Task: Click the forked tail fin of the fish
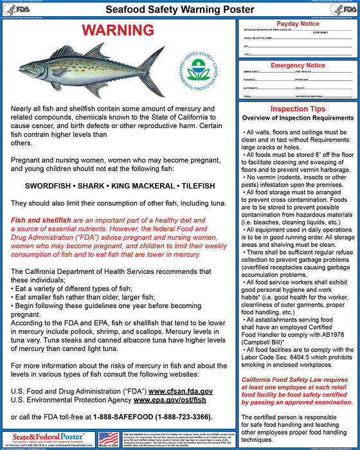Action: coord(154,69)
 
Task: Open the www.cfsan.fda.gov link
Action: coord(181,391)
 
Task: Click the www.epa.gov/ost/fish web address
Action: coord(170,400)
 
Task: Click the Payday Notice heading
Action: coord(298,24)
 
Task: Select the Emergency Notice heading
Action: coord(298,66)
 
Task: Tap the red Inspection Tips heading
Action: coord(298,109)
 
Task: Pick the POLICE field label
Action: coord(299,87)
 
